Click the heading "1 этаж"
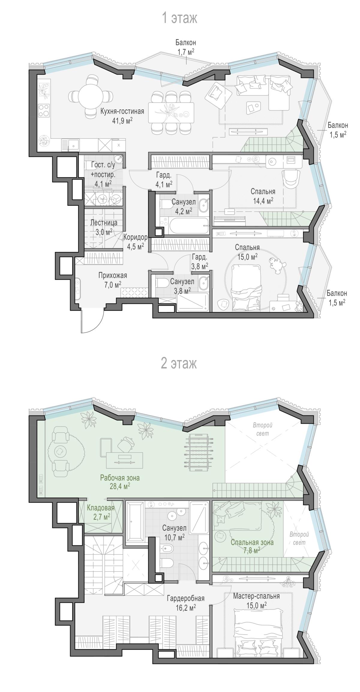coord(179,18)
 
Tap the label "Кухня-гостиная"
coord(122,112)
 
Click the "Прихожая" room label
coord(113,275)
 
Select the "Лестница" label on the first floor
coord(104,223)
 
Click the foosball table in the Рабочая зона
coord(200,452)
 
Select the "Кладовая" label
coord(101,508)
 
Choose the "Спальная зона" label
coord(252,542)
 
